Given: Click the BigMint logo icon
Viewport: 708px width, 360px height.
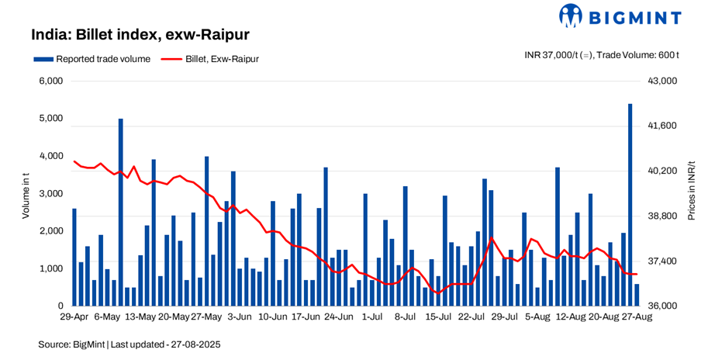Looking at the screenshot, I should pyautogui.click(x=571, y=16).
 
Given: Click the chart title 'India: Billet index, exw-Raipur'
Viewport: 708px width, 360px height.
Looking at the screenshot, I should pyautogui.click(x=140, y=35).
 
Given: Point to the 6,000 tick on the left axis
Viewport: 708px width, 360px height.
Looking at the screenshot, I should pyautogui.click(x=52, y=81).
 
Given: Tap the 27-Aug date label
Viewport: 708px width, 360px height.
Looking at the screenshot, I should pyautogui.click(x=637, y=317).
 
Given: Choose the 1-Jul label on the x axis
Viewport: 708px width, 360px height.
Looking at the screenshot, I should pyautogui.click(x=372, y=317).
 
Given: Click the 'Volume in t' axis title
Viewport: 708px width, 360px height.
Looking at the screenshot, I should pyautogui.click(x=26, y=194).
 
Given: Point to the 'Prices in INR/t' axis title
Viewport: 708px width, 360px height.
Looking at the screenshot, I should pyautogui.click(x=692, y=192).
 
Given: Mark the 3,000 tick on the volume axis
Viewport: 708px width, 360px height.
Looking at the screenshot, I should pyautogui.click(x=52, y=193).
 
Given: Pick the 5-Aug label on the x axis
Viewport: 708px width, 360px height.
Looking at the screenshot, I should pyautogui.click(x=537, y=317).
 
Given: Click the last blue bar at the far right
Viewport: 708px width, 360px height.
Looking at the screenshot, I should pyautogui.click(x=637, y=296).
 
